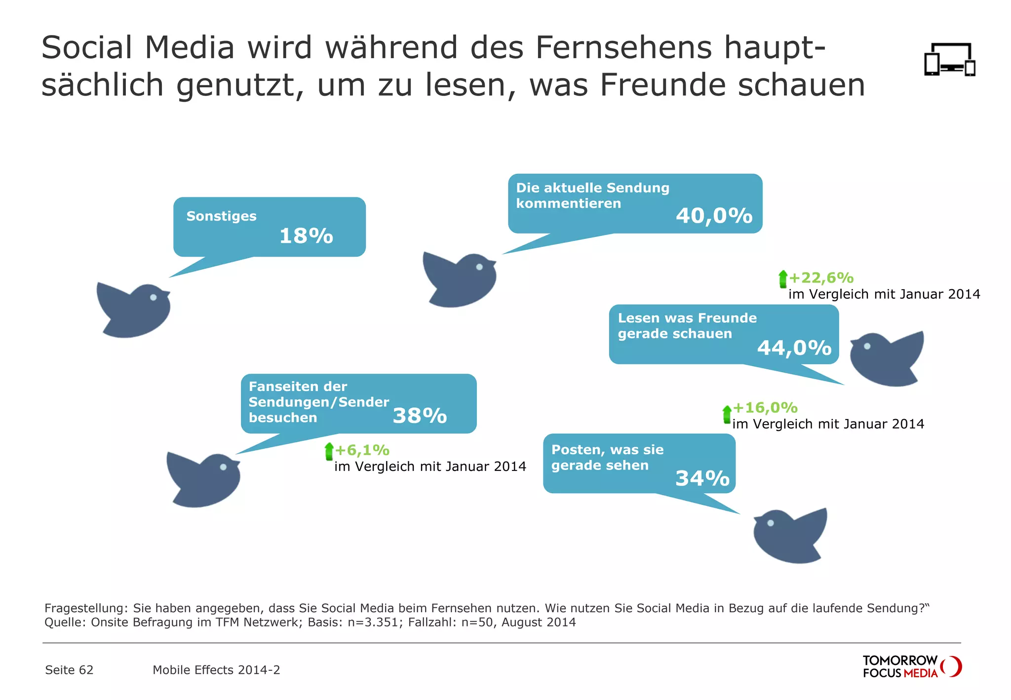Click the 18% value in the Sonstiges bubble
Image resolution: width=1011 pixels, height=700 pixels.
click(x=306, y=236)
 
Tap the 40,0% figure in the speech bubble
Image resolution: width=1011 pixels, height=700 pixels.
click(x=714, y=216)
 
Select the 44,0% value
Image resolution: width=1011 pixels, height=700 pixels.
click(x=794, y=348)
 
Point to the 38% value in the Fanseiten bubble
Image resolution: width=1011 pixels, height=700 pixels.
click(x=420, y=416)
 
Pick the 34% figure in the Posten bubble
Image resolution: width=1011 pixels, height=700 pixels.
click(x=702, y=478)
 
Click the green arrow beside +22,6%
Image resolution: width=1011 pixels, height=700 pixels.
click(x=782, y=279)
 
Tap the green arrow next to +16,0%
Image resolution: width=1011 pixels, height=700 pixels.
click(x=727, y=415)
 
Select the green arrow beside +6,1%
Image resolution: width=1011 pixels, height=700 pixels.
click(x=329, y=451)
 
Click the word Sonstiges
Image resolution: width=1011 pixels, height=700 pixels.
click(x=221, y=216)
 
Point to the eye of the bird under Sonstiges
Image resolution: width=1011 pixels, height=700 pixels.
click(x=153, y=297)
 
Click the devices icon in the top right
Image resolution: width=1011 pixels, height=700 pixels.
click(x=949, y=60)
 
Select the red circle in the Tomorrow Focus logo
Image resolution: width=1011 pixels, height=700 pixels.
click(x=952, y=666)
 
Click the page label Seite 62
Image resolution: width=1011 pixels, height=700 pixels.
click(x=69, y=670)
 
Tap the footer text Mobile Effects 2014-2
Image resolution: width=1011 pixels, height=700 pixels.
click(x=216, y=670)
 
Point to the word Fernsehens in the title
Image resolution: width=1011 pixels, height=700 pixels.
click(x=623, y=48)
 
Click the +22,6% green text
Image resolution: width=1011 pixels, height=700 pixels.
click(x=821, y=278)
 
